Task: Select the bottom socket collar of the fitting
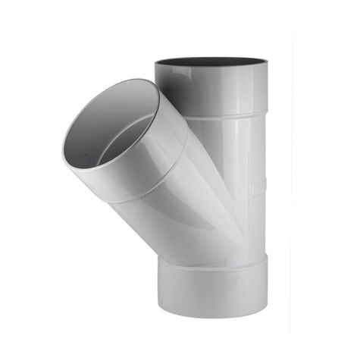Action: coord(212,288)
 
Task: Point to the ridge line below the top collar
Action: coord(227,115)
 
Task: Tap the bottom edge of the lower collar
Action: coord(212,317)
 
